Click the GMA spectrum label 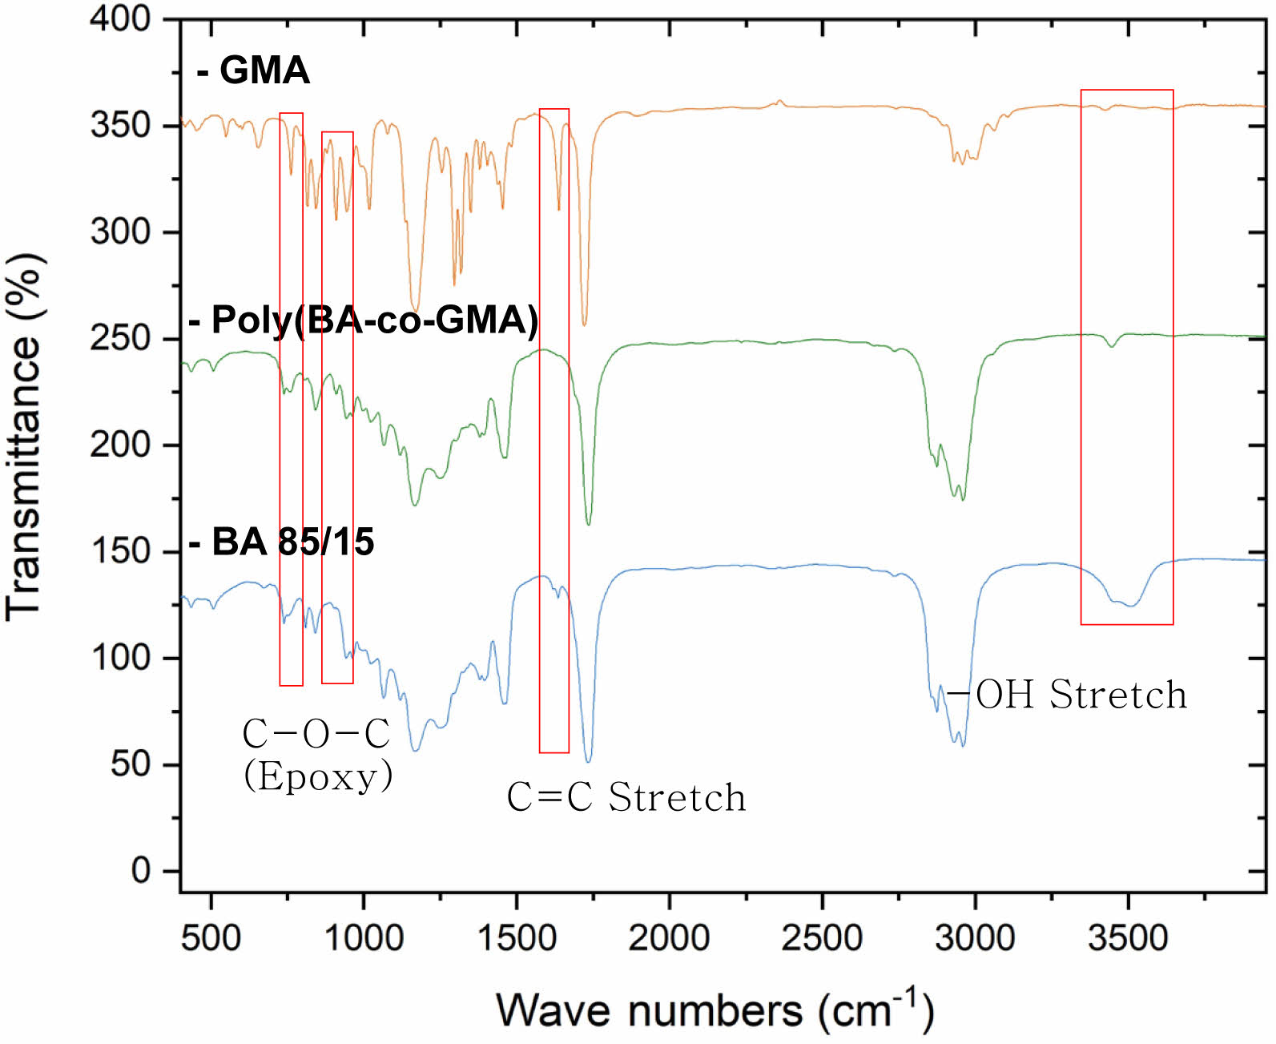(x=254, y=71)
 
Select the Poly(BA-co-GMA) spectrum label (x=364, y=320)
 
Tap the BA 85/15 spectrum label (x=282, y=542)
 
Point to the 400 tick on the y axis (x=120, y=18)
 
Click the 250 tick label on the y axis (x=120, y=338)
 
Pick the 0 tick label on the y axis (x=141, y=870)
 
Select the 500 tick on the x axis (x=211, y=937)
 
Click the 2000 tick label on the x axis (x=669, y=937)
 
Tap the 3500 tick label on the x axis (x=1128, y=937)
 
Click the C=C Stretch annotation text (x=626, y=797)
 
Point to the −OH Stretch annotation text (x=1067, y=695)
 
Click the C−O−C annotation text (x=316, y=733)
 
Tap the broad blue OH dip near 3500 (x=1129, y=606)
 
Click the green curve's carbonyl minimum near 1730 (x=589, y=524)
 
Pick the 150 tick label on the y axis (x=120, y=551)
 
